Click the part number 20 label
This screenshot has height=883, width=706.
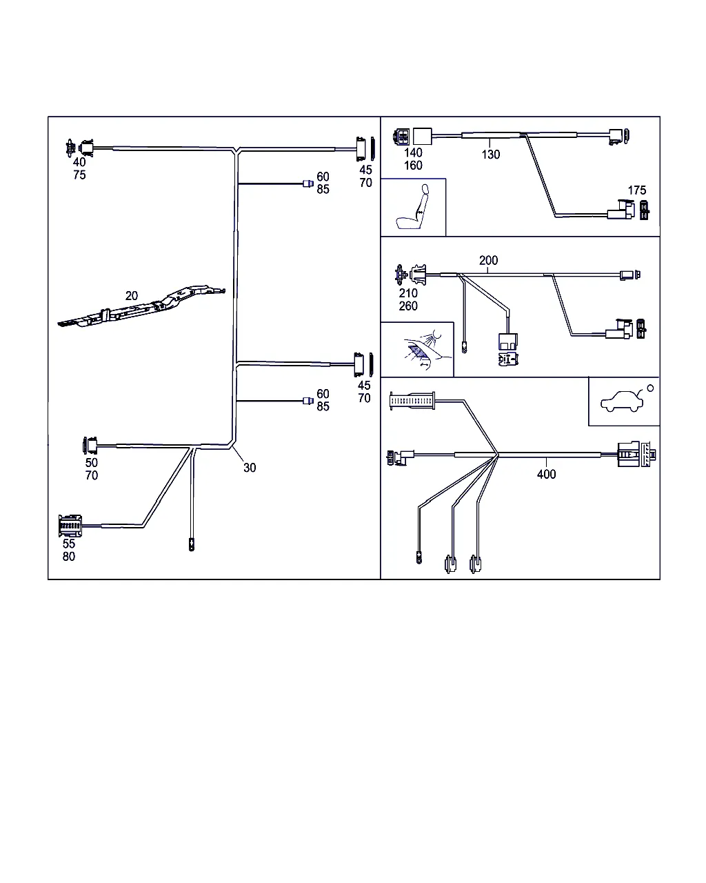(131, 296)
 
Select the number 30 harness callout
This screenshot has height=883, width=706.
(250, 468)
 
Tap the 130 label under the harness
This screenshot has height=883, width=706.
(491, 155)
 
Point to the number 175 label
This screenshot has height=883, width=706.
(637, 190)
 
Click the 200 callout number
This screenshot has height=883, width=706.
(488, 261)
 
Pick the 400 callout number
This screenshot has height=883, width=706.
(546, 474)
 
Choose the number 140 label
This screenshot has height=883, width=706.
(413, 153)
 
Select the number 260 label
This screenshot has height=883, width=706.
(408, 306)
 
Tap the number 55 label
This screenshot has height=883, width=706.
(69, 544)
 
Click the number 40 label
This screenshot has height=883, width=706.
(79, 163)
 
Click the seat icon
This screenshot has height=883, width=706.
(414, 208)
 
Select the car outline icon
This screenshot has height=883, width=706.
(623, 401)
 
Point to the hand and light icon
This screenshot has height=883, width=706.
(418, 349)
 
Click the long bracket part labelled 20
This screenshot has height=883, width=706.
(141, 308)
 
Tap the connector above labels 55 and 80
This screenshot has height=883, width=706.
(70, 526)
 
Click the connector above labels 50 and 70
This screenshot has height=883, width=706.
(90, 446)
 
